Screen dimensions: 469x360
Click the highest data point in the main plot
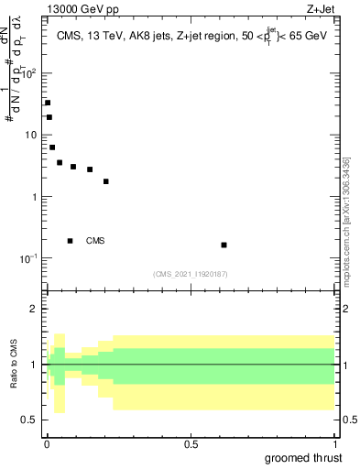click(x=48, y=103)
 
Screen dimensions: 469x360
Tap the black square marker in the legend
click(x=70, y=241)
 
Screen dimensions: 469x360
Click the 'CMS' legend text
click(x=95, y=241)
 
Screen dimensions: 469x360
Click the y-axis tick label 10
click(x=30, y=136)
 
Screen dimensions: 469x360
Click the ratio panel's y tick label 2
click(x=35, y=310)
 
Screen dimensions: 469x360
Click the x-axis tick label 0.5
click(x=192, y=443)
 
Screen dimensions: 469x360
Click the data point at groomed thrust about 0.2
click(x=106, y=181)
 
